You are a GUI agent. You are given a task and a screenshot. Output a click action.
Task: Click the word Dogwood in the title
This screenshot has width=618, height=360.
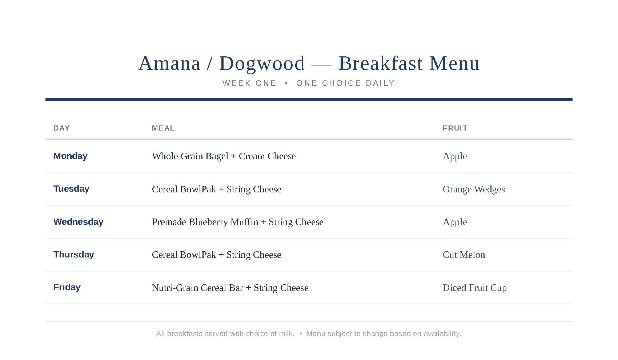pos(262,64)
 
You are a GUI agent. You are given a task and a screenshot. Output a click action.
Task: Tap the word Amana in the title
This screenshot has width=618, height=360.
pos(169,63)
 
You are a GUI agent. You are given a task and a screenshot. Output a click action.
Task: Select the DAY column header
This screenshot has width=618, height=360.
pos(61,128)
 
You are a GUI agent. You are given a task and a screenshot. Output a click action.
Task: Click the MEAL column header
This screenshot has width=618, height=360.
pos(163,128)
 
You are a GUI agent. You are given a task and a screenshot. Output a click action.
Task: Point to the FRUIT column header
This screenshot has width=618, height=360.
pos(455,128)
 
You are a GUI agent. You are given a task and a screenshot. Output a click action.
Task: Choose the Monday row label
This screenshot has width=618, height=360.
pos(71,156)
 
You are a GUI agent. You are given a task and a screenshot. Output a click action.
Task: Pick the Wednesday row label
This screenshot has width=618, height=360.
pos(79,222)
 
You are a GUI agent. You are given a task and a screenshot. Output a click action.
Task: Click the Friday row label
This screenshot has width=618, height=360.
pos(67,287)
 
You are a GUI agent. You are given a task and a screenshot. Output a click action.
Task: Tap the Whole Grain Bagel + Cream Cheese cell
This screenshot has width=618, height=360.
pos(224,156)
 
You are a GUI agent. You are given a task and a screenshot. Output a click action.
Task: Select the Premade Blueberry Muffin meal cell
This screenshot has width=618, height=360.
pos(237,222)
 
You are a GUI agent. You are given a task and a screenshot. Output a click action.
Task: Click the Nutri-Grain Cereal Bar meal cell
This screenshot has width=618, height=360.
pos(230,288)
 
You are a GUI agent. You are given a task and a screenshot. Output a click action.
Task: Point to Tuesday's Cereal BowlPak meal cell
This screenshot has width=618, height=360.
pos(217,189)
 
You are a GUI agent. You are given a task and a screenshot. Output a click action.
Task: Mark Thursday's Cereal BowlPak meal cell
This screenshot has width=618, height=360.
pos(217,255)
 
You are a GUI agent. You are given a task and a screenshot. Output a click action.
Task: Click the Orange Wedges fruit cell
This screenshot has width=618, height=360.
pos(474,189)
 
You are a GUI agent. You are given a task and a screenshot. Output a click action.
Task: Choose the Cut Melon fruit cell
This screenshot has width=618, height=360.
pos(464,255)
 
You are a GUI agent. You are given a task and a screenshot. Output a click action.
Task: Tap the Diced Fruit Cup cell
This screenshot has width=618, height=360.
pos(475,288)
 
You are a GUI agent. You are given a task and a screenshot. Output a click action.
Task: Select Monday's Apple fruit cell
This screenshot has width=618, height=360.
pos(455,156)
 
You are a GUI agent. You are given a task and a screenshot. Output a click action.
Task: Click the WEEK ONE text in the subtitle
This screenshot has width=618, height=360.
pos(249,83)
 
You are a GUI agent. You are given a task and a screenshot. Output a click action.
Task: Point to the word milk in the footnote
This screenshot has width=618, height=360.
pos(287,333)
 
